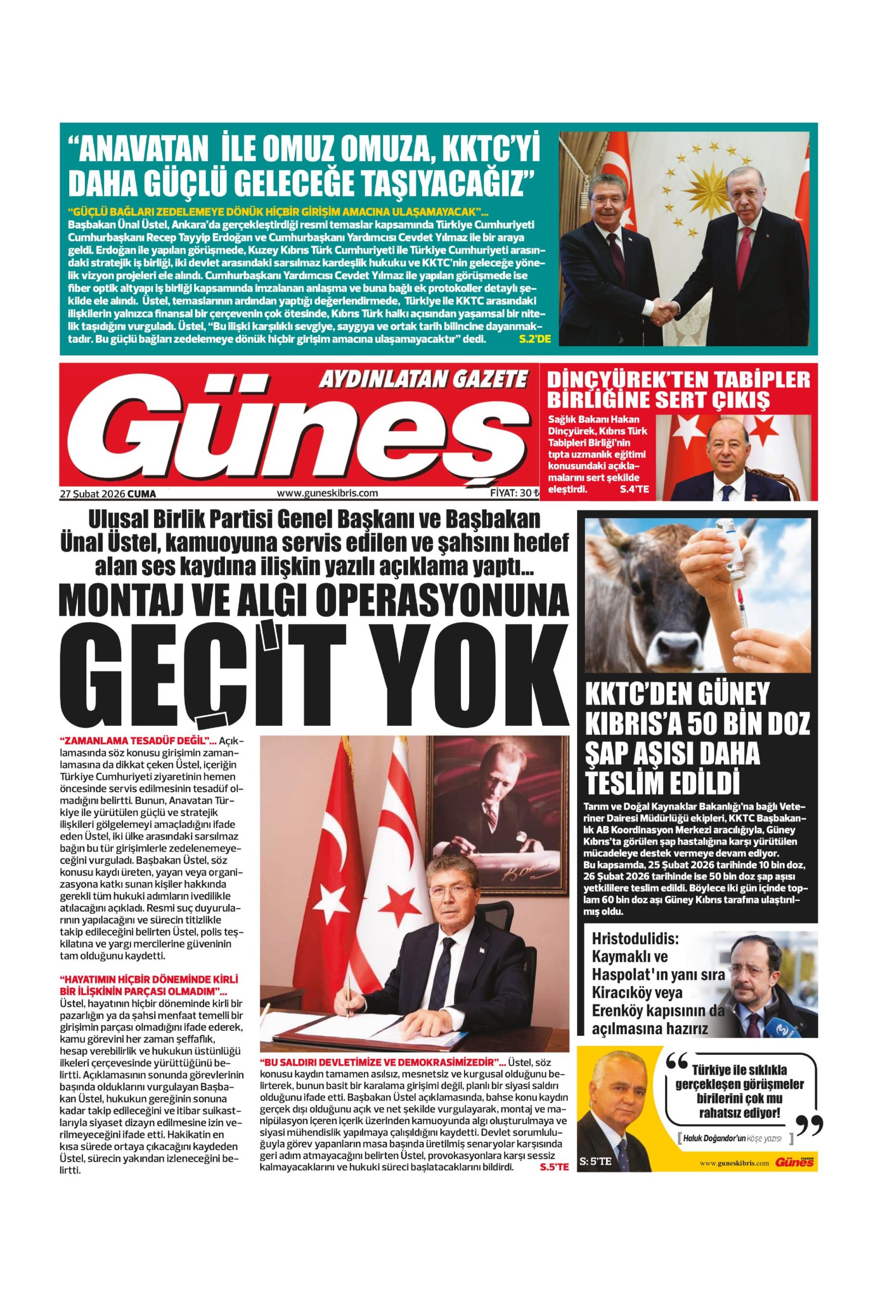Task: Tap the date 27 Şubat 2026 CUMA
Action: pyautogui.click(x=108, y=493)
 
